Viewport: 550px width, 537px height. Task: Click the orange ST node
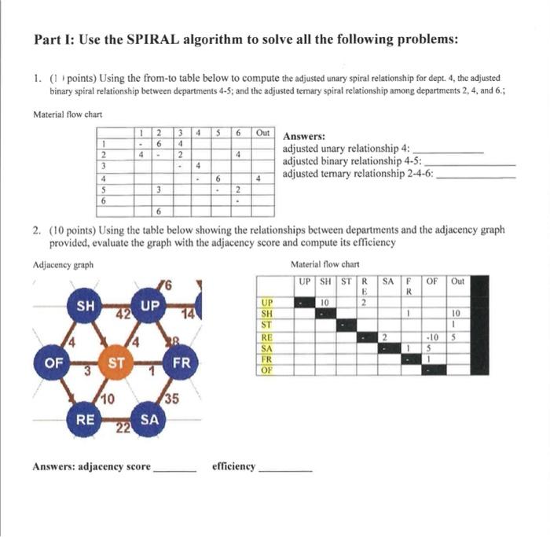[x=115, y=364]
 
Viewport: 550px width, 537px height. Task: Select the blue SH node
[x=83, y=304]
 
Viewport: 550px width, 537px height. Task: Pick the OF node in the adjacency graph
[x=53, y=364]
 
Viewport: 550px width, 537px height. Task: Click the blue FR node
[x=181, y=364]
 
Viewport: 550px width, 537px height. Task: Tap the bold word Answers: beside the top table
[x=303, y=136]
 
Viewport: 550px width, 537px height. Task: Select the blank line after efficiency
[x=285, y=467]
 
